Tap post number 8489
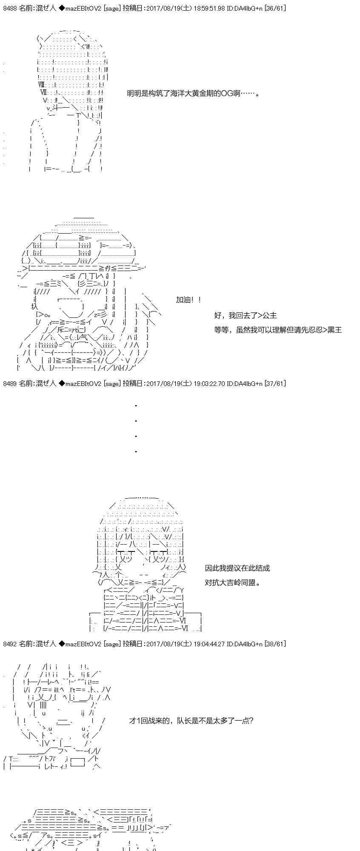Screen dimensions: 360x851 tap(10, 383)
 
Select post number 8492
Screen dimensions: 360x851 tap(10, 644)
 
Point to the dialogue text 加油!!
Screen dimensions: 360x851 tap(189, 300)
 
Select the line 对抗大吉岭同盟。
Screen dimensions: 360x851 tap(233, 583)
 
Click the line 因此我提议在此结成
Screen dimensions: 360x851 tap(237, 568)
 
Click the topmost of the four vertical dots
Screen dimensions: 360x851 tap(136, 406)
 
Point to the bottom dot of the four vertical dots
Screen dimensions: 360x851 tap(136, 451)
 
